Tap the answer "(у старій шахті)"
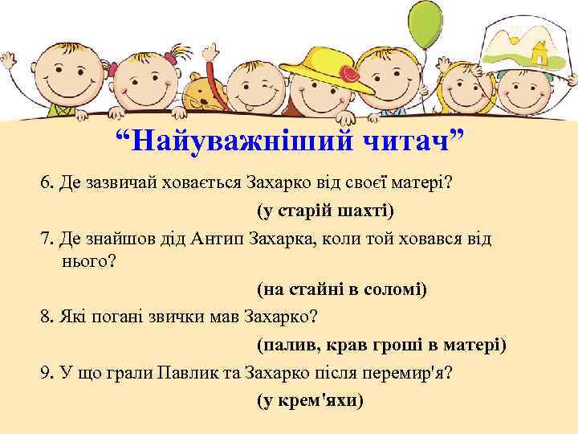pos(326,211)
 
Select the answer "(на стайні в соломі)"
pos(342,289)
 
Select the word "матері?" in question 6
pos(424,183)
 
